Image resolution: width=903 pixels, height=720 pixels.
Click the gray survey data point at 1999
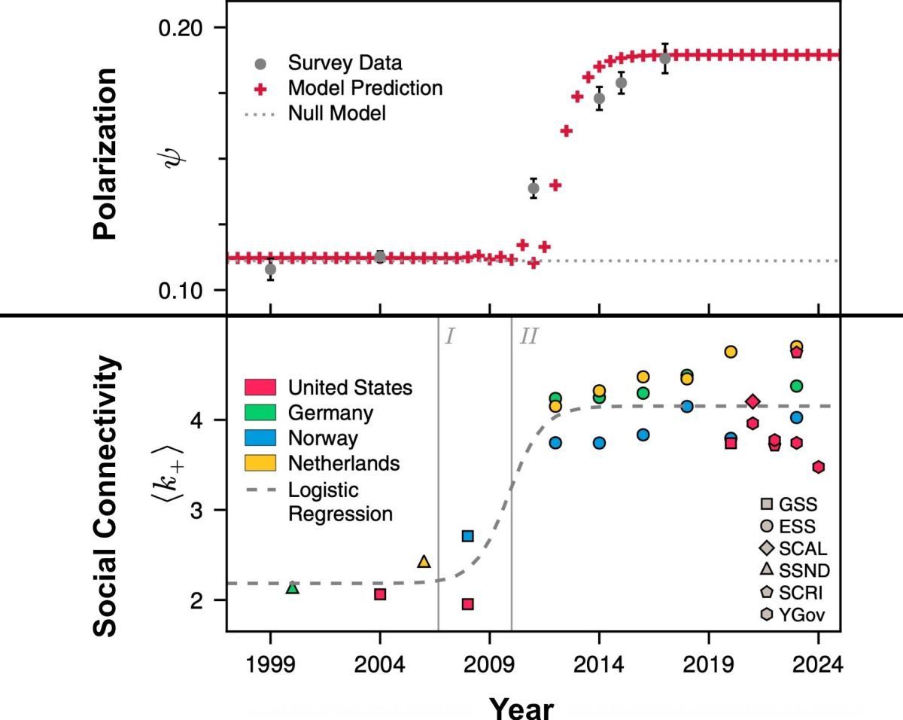(270, 269)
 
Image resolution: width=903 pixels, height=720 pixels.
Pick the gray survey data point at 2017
(664, 58)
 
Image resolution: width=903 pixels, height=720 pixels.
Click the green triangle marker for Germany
(293, 587)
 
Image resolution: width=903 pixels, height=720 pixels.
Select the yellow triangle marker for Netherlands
(424, 562)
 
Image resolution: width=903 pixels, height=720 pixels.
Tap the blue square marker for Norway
(467, 535)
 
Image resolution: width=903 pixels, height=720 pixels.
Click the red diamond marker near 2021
(752, 401)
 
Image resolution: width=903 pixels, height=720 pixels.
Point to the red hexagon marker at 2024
(819, 467)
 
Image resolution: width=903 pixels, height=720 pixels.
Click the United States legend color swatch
(263, 388)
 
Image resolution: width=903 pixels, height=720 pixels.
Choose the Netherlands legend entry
(344, 462)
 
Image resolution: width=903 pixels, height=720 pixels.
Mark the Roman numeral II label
(529, 337)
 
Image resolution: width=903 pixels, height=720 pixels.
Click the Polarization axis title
(106, 154)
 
